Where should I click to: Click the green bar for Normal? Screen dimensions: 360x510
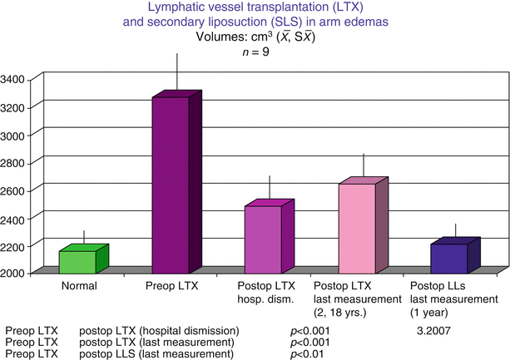77,261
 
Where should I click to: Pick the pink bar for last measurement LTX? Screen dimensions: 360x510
356,228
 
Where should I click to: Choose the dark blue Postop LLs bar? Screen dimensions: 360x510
448,258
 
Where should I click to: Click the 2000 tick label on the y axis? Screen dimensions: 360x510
19,273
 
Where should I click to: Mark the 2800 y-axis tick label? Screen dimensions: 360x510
19,162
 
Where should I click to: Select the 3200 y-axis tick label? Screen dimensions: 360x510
19,107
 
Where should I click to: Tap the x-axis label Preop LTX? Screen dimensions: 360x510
171,286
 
